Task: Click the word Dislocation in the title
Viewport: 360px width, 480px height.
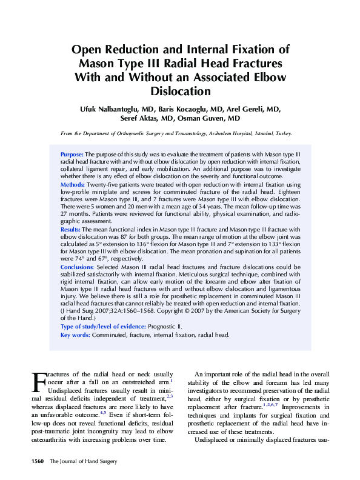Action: pos(180,92)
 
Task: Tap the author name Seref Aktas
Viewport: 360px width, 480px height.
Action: pos(144,119)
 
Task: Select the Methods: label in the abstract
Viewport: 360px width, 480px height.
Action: pos(73,184)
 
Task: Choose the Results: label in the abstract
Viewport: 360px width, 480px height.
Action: pos(71,230)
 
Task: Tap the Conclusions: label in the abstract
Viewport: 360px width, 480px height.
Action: pos(77,267)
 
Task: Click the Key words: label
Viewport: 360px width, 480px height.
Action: pos(75,335)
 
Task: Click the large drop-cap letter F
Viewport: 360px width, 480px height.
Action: pos(38,382)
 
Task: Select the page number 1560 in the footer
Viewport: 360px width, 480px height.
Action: pos(38,462)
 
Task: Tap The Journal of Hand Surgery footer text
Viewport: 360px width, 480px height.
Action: pos(79,462)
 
